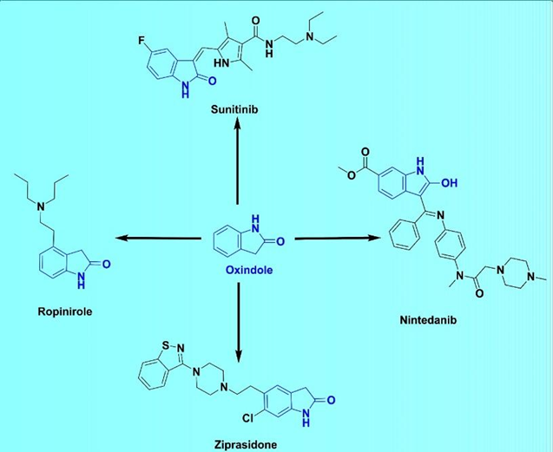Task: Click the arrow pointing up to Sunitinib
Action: [238, 166]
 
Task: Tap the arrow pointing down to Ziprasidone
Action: [238, 316]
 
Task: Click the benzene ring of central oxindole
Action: [227, 238]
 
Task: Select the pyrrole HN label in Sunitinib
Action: [227, 63]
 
